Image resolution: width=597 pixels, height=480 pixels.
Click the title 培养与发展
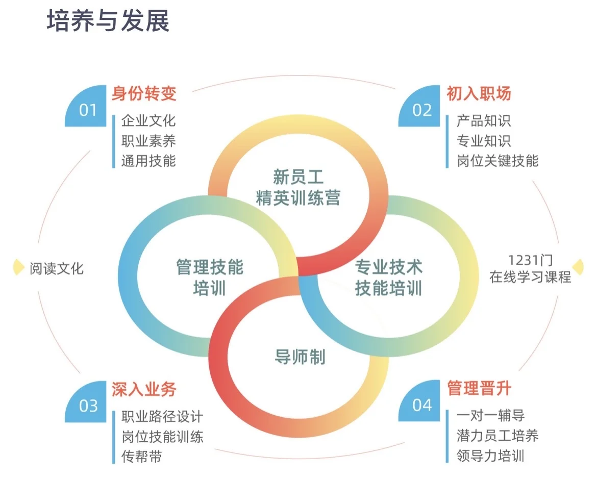tap(108, 21)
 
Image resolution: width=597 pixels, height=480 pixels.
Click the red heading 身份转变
tap(144, 94)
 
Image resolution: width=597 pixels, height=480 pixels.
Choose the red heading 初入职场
tap(479, 94)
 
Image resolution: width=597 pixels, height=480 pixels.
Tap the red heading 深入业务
tap(144, 390)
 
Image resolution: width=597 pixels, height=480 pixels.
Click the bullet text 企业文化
tap(148, 121)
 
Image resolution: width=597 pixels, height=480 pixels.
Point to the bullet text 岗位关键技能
tap(497, 161)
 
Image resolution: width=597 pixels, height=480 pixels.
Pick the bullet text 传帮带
tap(141, 457)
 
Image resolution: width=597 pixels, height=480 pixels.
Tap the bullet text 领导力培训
tap(490, 456)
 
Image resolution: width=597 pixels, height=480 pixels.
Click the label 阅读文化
tap(56, 268)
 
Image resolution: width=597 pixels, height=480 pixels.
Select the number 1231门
tap(530, 260)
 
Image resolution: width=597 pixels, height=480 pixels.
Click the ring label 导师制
tap(300, 357)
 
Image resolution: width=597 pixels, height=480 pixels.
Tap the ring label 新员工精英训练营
tap(298, 188)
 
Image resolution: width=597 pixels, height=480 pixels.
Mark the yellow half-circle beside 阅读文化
tap(19, 267)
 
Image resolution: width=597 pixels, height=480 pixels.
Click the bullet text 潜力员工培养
tap(497, 436)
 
